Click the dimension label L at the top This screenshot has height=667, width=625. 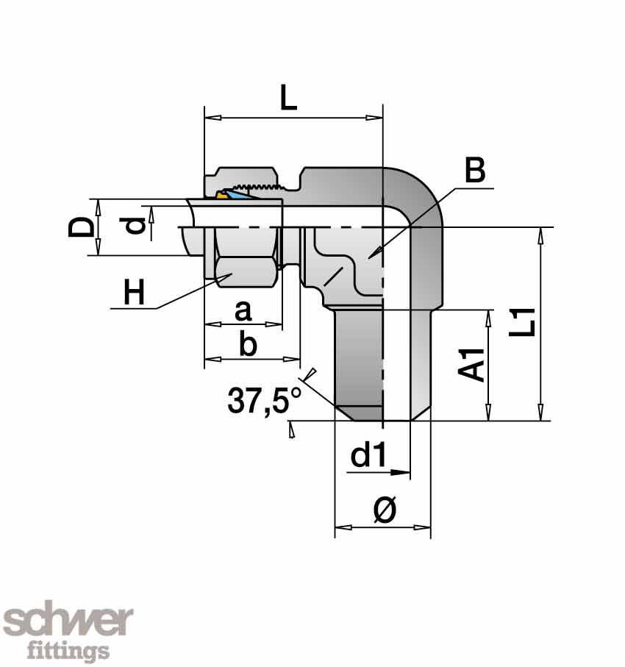pyautogui.click(x=289, y=97)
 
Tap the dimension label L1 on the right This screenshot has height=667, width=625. pyautogui.click(x=524, y=324)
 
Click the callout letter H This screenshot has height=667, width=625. pyautogui.click(x=134, y=293)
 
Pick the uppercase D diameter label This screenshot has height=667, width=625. pyautogui.click(x=80, y=227)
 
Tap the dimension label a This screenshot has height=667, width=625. pyautogui.click(x=243, y=312)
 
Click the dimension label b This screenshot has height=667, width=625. pyautogui.click(x=249, y=345)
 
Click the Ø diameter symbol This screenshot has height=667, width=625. pyautogui.click(x=384, y=510)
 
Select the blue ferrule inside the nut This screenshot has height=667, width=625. pyautogui.click(x=237, y=195)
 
